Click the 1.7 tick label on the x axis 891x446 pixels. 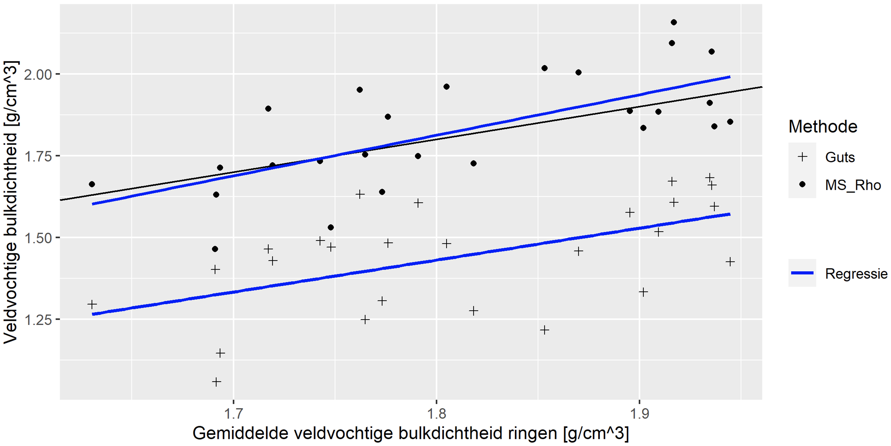[x=233, y=413]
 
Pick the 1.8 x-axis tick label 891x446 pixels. [x=436, y=413]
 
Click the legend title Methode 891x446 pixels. [x=823, y=126]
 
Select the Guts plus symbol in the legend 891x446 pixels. [x=802, y=157]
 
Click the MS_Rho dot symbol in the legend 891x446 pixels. [x=802, y=185]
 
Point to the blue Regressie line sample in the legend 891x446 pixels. [x=802, y=273]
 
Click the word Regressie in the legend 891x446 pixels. [x=856, y=274]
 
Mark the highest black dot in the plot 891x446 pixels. [x=674, y=22]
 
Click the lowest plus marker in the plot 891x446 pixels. [x=216, y=382]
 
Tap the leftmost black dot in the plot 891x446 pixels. [x=92, y=184]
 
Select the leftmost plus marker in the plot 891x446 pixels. [x=92, y=304]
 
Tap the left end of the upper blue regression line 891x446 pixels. [x=93, y=204]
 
